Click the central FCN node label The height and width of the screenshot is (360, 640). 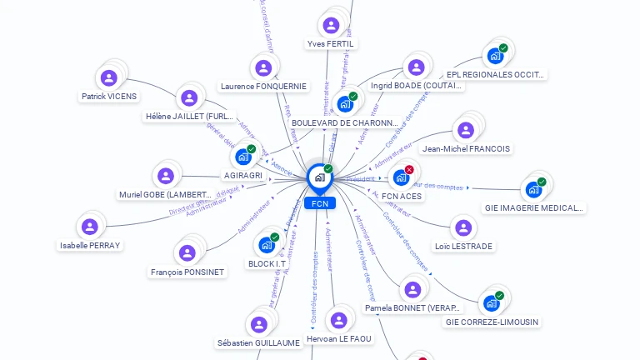tap(319, 203)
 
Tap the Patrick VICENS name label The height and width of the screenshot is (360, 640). tap(108, 97)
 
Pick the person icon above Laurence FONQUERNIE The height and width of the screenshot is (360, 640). tap(263, 68)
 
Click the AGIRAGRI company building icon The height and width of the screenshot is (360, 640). tap(242, 157)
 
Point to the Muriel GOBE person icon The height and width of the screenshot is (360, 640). tap(166, 176)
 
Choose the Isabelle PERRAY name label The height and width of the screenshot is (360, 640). tap(90, 245)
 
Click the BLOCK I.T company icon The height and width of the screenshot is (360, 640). tap(266, 245)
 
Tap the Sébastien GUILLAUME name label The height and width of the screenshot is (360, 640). tap(258, 342)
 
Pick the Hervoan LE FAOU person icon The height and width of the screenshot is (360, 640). tap(338, 320)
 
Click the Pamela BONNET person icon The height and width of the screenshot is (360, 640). tap(412, 290)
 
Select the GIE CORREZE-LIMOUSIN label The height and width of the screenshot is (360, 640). tap(492, 322)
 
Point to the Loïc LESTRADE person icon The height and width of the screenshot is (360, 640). tap(463, 227)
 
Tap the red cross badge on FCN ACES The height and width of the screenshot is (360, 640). tap(409, 170)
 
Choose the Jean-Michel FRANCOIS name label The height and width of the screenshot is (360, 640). tap(467, 149)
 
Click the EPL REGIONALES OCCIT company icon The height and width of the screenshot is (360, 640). tap(495, 57)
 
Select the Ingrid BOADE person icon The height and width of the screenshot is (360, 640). tap(415, 67)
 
